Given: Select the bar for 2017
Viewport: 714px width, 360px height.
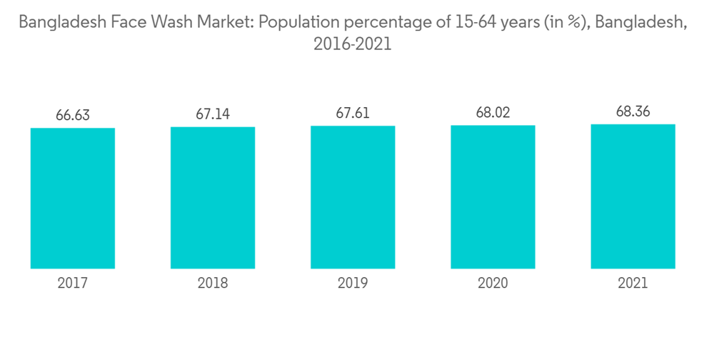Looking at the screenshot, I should (73, 198).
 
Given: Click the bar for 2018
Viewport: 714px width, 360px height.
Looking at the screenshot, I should (213, 198).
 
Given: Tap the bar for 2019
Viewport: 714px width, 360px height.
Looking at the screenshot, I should (353, 197).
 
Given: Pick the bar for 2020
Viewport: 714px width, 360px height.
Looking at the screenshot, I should (493, 197).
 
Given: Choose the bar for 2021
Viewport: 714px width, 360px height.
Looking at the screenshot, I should (633, 196).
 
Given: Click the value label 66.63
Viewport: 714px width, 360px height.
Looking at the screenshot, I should (73, 115).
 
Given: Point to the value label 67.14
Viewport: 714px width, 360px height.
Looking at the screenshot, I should (213, 114).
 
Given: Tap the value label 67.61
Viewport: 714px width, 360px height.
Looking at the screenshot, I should (353, 113).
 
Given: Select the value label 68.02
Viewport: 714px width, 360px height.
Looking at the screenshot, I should (493, 112).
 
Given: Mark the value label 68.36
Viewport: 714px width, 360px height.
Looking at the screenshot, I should (633, 111).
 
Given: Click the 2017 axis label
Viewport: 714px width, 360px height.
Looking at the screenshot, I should (73, 284).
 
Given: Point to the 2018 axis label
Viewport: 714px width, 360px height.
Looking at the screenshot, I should (213, 284).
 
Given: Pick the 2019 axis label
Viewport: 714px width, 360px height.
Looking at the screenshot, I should (353, 284).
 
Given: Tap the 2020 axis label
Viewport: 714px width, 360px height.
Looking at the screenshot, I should (493, 284).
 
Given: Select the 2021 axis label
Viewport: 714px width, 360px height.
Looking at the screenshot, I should (633, 284).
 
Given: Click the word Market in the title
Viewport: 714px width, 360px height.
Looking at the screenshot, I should (225, 22).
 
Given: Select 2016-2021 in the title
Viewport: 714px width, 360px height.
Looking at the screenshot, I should (353, 44).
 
